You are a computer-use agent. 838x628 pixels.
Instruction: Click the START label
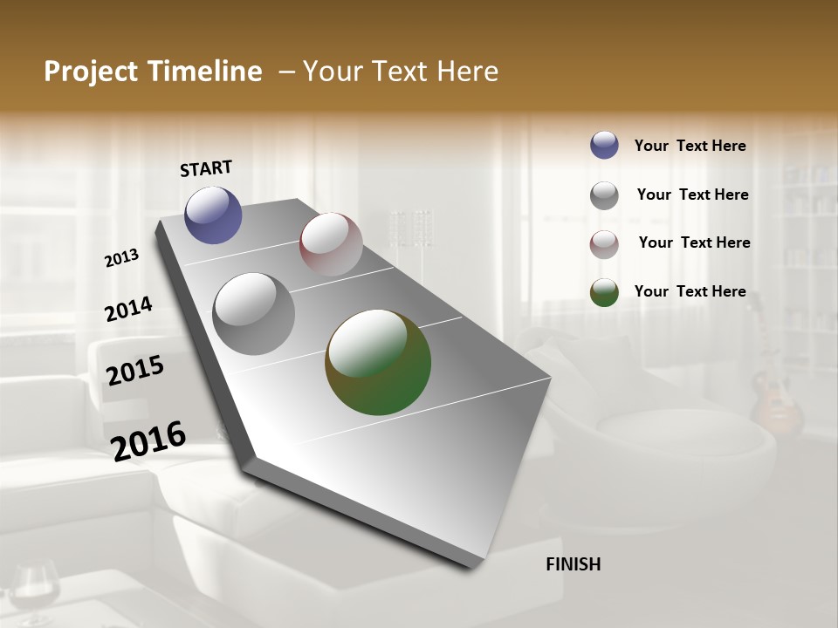[206, 168]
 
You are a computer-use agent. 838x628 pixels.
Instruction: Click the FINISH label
[573, 564]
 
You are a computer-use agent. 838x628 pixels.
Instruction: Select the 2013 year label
[122, 258]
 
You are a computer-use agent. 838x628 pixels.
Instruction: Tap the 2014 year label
[128, 309]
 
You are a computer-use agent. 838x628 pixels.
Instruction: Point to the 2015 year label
[135, 371]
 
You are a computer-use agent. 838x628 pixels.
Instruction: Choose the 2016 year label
[148, 440]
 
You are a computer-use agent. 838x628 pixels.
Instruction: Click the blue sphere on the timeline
[213, 215]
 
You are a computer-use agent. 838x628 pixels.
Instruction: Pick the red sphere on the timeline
[331, 244]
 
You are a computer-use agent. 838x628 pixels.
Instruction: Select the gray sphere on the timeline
[254, 314]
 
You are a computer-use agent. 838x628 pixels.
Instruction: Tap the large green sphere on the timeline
[378, 362]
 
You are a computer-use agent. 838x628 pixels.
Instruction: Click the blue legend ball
[604, 146]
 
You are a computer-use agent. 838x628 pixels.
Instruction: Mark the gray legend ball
[604, 195]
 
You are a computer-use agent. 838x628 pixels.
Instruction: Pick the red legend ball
[604, 244]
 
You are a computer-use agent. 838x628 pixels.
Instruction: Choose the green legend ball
[604, 292]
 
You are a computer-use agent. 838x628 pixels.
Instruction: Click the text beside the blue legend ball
[690, 146]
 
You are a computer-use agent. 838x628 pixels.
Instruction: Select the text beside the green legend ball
[690, 291]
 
